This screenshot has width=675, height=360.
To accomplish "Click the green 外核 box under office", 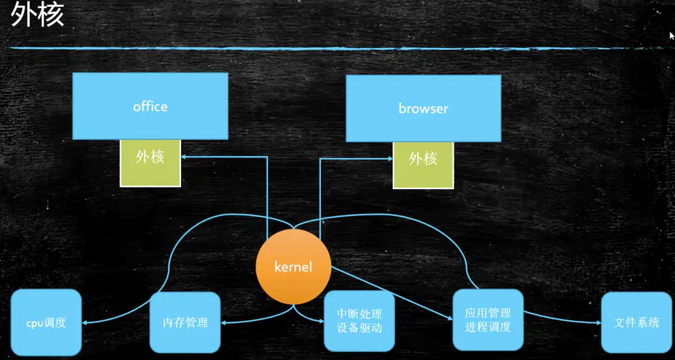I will point(150,163).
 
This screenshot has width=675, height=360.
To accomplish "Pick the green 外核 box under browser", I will point(423,165).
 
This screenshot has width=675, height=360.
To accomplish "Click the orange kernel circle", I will point(294,266).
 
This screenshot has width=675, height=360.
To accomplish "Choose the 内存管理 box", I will point(185,322).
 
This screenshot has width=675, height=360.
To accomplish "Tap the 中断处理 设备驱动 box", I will point(359,322).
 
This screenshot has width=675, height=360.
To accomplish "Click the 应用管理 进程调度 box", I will point(487,320).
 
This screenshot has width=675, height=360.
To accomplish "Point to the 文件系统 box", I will point(636,322).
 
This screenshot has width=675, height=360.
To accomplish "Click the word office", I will point(150,107).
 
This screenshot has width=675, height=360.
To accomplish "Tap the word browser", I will point(423,108).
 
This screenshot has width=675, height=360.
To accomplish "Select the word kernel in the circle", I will point(294,267).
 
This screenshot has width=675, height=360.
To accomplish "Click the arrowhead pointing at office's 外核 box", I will point(184,157).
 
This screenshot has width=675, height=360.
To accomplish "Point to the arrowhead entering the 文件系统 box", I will point(599,323).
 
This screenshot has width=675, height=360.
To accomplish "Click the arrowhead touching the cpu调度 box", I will point(84,323).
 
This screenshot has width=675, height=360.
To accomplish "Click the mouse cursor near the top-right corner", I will point(672,35).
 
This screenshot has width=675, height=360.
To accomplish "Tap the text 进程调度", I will point(487,328).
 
